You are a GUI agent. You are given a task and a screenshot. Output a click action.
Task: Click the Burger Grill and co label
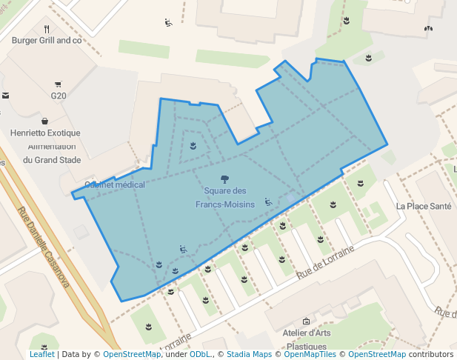(46, 41)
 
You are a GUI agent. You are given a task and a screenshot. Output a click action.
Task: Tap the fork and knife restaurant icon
(46, 30)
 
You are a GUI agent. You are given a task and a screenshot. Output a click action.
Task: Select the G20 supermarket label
(59, 96)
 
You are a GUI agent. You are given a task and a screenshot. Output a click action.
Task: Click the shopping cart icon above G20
(59, 85)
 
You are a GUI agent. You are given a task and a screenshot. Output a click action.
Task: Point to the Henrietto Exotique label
(45, 133)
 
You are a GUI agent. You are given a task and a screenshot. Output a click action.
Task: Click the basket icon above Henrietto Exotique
(45, 121)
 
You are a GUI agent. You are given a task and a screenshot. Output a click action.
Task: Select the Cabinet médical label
(115, 184)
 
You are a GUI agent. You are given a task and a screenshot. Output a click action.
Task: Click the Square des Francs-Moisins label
(225, 197)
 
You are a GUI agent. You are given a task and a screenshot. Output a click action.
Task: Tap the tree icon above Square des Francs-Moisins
(225, 179)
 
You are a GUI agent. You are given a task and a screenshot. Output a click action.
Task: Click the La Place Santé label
(423, 206)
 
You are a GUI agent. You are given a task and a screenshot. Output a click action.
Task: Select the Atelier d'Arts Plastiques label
(307, 339)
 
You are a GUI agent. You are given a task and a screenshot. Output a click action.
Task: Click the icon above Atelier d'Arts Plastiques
(306, 321)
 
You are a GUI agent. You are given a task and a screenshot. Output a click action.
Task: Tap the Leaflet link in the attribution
(41, 355)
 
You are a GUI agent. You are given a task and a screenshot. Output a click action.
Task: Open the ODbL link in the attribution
(199, 355)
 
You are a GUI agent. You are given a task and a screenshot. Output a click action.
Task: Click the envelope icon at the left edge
(5, 96)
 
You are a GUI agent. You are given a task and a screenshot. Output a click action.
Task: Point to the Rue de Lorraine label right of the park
(326, 260)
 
